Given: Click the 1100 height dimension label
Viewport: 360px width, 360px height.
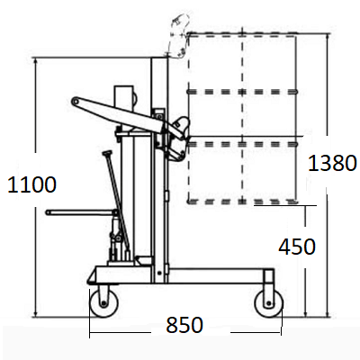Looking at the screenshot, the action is [31, 184].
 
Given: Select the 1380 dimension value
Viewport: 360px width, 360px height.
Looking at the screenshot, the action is [332, 163].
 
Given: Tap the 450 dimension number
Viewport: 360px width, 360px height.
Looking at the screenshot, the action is [297, 247].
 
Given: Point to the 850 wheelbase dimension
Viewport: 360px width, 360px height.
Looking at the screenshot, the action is [184, 325].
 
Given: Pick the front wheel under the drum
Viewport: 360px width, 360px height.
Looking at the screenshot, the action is [269, 303].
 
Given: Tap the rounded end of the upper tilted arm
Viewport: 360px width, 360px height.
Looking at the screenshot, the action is [75, 102].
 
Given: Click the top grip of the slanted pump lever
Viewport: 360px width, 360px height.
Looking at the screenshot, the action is [106, 153].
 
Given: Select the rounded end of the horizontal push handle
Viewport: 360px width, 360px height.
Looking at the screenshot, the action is [48, 212].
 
